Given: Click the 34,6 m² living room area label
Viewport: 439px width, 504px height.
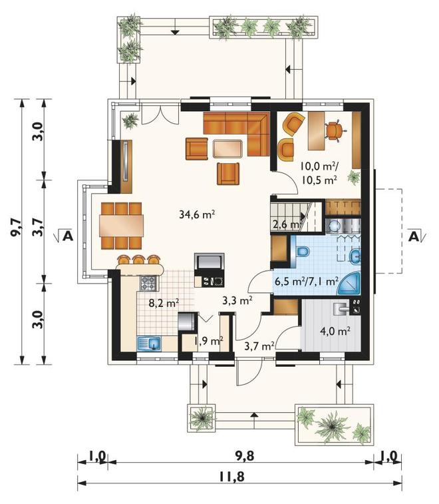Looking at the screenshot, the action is pos(197,214).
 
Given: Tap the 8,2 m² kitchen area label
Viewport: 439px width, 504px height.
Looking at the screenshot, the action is pos(164,302).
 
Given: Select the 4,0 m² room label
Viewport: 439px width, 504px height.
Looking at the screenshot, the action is pos(335,330).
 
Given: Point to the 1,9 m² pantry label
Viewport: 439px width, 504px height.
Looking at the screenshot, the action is pos(208,341).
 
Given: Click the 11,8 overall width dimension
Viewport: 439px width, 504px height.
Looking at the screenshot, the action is pos(232,476).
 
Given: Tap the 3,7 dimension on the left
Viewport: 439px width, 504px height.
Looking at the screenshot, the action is pos(38,228).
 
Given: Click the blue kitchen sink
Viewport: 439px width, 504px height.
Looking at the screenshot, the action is pos(149,344).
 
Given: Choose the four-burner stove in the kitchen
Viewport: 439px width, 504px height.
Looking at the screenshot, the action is pos(148,283).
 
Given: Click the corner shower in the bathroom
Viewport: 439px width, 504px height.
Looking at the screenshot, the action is pos(349,284).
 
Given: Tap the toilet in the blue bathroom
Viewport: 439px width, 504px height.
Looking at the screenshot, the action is pos(301,252).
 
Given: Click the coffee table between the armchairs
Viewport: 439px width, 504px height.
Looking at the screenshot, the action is pos(227,149).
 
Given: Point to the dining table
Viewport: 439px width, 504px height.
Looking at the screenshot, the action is pos(122,226).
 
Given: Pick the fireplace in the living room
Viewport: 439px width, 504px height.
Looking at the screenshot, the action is pos(210,270).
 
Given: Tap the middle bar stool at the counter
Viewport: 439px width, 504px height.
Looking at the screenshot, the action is pos(138,260).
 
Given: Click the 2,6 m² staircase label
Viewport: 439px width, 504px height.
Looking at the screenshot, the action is pos(286,224).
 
